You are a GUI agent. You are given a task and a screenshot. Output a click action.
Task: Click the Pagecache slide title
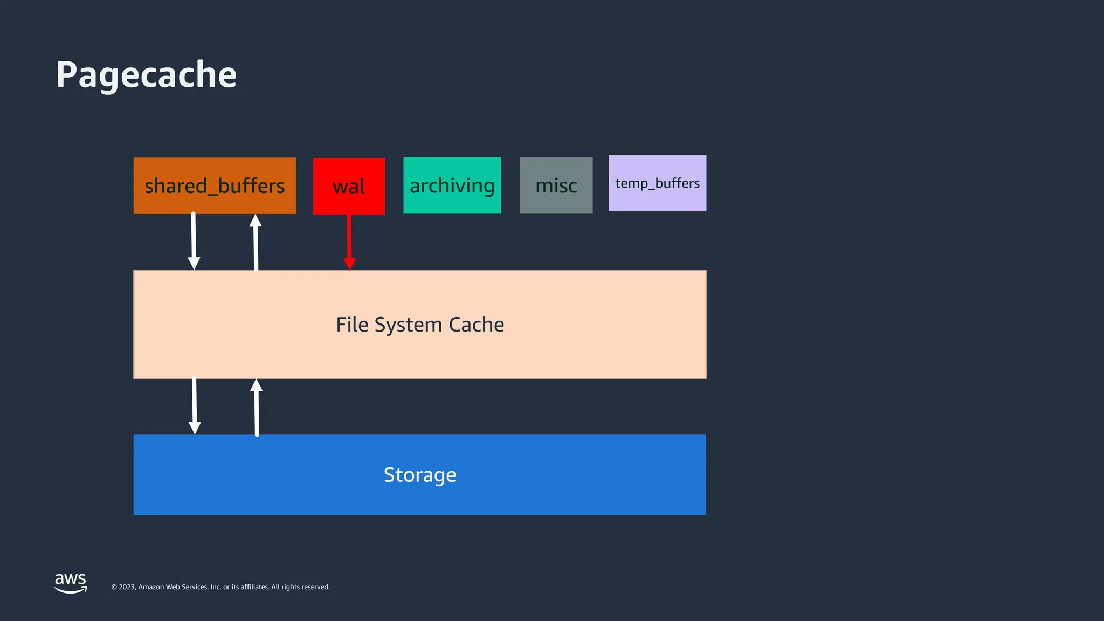146,75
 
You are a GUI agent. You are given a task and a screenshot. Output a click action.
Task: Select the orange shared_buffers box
215,186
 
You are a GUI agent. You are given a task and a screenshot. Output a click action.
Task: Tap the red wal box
349,187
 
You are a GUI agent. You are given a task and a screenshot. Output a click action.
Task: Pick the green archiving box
452,185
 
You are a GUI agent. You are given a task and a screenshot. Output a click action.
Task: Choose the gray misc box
556,185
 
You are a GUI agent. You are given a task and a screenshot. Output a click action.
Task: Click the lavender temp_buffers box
657,183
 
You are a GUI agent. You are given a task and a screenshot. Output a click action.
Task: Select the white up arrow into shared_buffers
256,242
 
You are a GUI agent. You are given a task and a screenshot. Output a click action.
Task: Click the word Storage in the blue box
420,475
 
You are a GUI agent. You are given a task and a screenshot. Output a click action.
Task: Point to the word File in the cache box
352,325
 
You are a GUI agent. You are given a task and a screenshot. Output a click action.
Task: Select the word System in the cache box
408,325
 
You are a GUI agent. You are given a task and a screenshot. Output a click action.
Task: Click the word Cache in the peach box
476,325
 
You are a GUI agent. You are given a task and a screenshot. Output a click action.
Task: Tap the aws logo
71,583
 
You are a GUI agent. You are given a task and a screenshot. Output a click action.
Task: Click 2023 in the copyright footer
127,587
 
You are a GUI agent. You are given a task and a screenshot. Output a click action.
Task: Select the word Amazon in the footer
151,587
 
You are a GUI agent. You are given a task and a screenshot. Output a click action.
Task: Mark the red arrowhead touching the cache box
349,264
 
